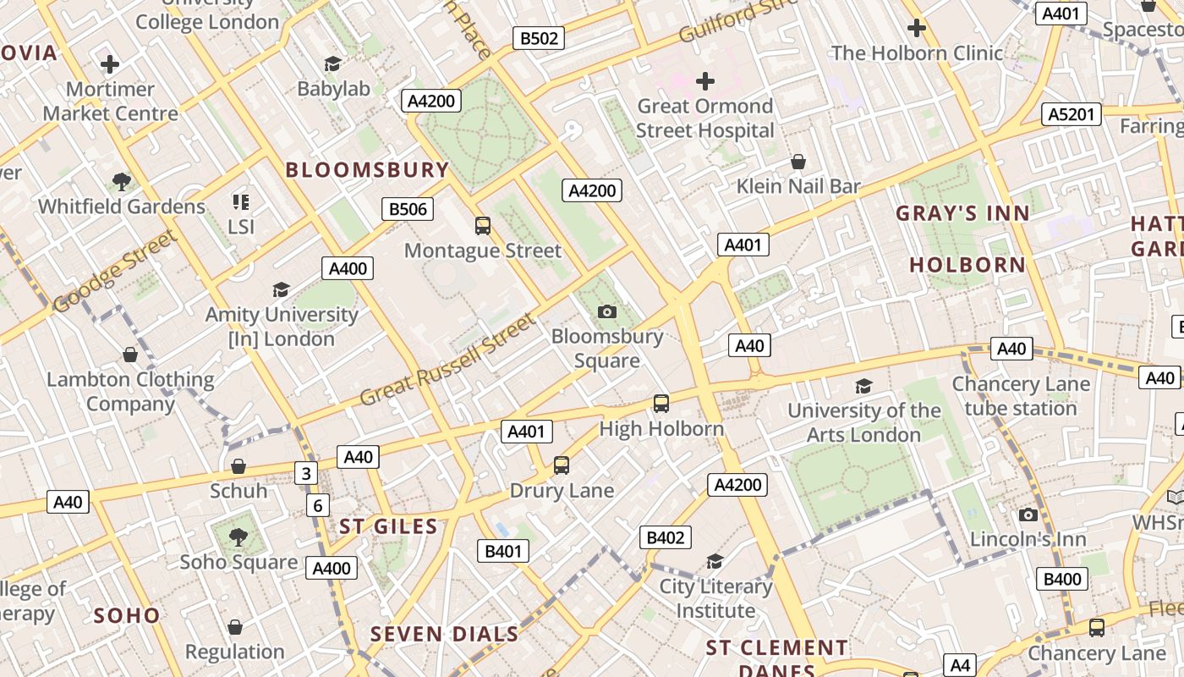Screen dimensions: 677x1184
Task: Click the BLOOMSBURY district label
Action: (367, 169)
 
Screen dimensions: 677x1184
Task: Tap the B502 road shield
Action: (539, 38)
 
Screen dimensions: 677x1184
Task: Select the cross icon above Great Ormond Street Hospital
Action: (705, 81)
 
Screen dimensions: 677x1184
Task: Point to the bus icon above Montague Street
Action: (483, 226)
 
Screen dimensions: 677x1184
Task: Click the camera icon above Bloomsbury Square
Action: (606, 311)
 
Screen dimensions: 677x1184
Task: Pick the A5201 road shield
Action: (1072, 114)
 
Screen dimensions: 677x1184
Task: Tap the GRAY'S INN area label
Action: (962, 213)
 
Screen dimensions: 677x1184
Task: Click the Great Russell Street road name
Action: (447, 361)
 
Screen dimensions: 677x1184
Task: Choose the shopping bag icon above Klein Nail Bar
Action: (798, 162)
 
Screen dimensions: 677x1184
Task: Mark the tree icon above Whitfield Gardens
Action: (122, 181)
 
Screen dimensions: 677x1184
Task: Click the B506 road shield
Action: (408, 209)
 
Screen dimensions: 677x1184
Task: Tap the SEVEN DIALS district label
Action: (444, 634)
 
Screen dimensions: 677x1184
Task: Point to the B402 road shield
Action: (665, 537)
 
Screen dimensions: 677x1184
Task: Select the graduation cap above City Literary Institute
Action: (715, 562)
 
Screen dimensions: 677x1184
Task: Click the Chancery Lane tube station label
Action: (1020, 396)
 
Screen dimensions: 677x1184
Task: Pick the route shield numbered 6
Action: (318, 506)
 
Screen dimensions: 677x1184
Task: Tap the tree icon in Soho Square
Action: (238, 537)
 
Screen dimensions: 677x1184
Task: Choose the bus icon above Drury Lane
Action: (562, 465)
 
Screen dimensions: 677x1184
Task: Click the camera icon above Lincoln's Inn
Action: (1028, 515)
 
